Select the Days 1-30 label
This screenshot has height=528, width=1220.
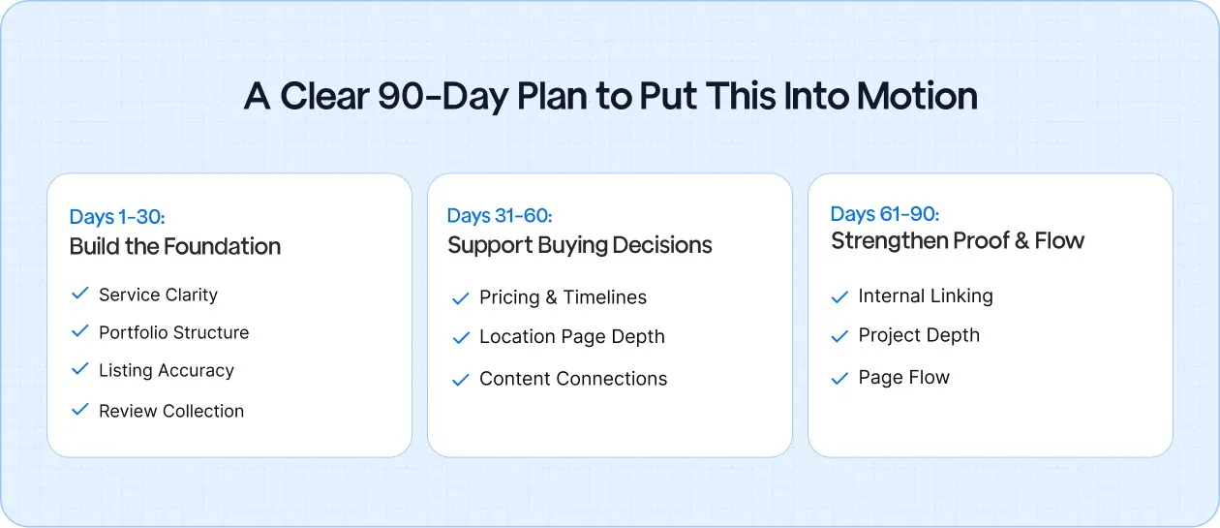click(x=116, y=217)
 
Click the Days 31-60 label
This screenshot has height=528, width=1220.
click(x=500, y=216)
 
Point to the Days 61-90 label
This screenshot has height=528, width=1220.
click(x=884, y=214)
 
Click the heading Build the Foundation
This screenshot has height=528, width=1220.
click(x=175, y=246)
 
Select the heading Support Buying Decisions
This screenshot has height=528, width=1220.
click(x=579, y=245)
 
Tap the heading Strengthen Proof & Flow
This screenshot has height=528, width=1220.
click(x=958, y=241)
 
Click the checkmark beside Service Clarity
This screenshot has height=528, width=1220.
click(x=80, y=293)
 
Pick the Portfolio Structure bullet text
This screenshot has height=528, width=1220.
click(x=173, y=332)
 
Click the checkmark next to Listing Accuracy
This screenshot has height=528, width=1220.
click(x=80, y=369)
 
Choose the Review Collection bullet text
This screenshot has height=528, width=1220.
click(x=171, y=411)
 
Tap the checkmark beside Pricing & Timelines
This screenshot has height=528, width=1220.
click(x=461, y=298)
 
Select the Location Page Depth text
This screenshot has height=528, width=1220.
click(x=571, y=337)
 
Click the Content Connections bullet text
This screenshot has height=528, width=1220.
click(x=573, y=379)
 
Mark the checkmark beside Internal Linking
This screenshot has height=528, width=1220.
click(x=839, y=296)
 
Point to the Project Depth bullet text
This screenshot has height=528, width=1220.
click(x=919, y=335)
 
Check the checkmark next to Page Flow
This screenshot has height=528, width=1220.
click(x=839, y=378)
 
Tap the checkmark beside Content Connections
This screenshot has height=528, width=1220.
click(x=461, y=380)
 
